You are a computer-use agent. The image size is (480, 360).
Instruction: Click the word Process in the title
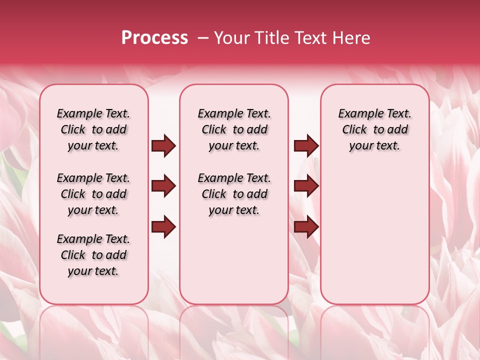154,38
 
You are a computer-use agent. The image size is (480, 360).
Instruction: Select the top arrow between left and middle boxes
163,146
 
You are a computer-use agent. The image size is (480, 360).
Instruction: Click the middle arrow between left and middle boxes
163,186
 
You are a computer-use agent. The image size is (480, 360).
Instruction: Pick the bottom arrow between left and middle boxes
163,227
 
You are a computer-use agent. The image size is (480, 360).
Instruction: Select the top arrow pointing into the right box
306,146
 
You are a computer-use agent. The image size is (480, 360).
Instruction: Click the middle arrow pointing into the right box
306,186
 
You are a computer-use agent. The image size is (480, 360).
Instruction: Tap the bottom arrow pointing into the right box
306,227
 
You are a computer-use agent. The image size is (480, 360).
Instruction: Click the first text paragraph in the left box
93,129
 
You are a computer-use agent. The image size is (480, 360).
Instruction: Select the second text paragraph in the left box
93,194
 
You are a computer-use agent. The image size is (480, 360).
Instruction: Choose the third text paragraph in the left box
93,255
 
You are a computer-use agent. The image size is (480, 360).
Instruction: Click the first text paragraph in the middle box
234,129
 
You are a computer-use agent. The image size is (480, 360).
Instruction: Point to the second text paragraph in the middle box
234,194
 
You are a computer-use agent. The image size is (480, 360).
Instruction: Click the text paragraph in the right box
375,129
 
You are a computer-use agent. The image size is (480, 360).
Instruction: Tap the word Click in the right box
354,130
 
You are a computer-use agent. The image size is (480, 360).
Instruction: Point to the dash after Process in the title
202,38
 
